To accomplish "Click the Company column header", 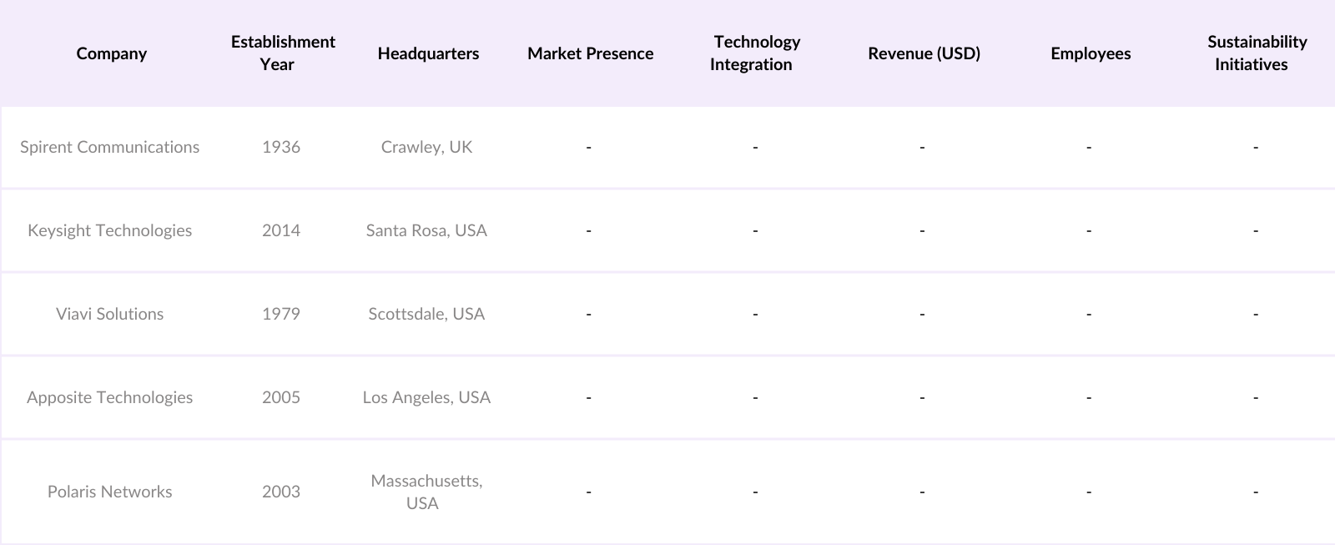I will click(x=111, y=53).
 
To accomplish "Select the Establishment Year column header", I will click(x=283, y=53).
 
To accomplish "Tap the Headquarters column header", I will click(x=428, y=53).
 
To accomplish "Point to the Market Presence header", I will click(x=590, y=53).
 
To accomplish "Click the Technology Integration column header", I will click(x=755, y=53).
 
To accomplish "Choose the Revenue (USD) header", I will click(x=924, y=53).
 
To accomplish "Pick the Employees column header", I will click(x=1091, y=53).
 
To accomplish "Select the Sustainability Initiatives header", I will click(x=1256, y=53).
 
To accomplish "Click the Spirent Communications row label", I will click(x=109, y=147).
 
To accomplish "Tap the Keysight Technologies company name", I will click(x=109, y=230).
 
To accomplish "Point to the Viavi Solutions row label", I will click(x=109, y=314).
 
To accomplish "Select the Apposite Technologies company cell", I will click(x=109, y=397).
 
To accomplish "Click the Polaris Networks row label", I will click(x=109, y=492).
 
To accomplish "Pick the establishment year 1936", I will click(x=281, y=147).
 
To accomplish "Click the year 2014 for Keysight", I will click(x=281, y=230).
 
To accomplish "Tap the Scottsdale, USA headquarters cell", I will click(x=426, y=314).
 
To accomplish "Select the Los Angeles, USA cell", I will click(x=426, y=397).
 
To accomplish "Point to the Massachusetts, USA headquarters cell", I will click(x=426, y=492).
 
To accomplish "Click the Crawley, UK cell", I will click(x=426, y=147).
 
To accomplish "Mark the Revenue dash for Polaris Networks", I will click(x=922, y=492).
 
